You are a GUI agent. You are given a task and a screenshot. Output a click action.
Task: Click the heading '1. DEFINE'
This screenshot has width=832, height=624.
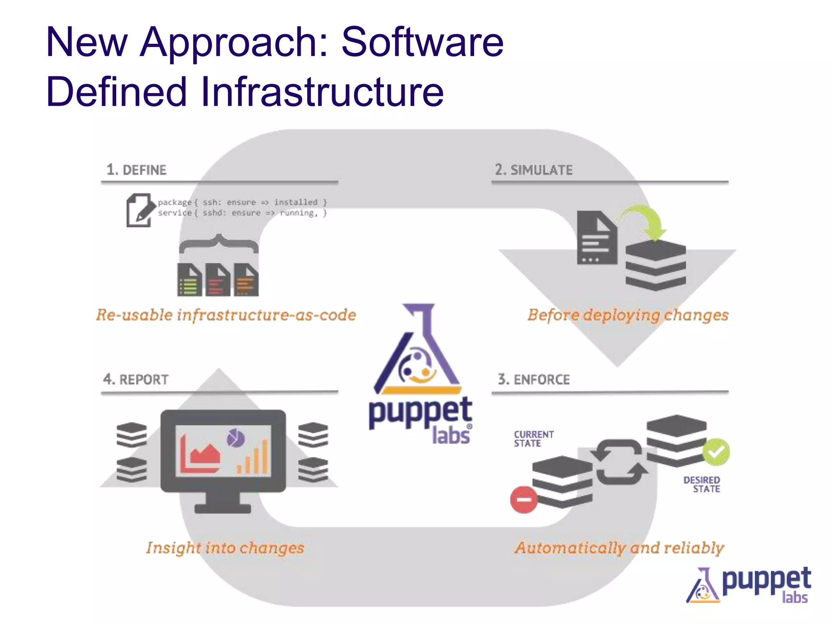136,170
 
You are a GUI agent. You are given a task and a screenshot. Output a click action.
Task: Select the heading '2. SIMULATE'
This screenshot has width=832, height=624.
533,170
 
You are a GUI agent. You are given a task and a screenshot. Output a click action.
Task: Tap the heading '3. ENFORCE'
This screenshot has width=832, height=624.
534,379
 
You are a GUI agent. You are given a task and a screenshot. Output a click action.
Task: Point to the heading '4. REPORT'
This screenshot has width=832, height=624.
136,379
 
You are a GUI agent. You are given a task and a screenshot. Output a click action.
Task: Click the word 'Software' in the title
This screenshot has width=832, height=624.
422,42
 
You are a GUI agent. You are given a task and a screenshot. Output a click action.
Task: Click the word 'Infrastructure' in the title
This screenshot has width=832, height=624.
322,92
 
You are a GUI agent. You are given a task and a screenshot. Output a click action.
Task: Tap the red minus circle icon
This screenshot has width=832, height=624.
524,500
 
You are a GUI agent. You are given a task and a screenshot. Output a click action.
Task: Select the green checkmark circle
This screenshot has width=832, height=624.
716,452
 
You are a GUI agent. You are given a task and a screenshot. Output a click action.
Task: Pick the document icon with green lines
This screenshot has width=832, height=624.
189,280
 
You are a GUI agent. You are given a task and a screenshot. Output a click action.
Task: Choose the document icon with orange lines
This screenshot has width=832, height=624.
246,280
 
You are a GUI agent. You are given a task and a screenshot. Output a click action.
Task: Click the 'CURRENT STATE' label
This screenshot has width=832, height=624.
533,439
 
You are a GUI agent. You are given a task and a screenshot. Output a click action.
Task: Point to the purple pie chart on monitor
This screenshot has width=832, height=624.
236,438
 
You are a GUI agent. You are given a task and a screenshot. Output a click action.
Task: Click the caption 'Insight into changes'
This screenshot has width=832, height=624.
225,548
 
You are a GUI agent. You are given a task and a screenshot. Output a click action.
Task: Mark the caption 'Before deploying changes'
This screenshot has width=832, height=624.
628,315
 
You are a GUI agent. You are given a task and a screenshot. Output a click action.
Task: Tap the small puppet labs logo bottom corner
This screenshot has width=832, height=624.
749,585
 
